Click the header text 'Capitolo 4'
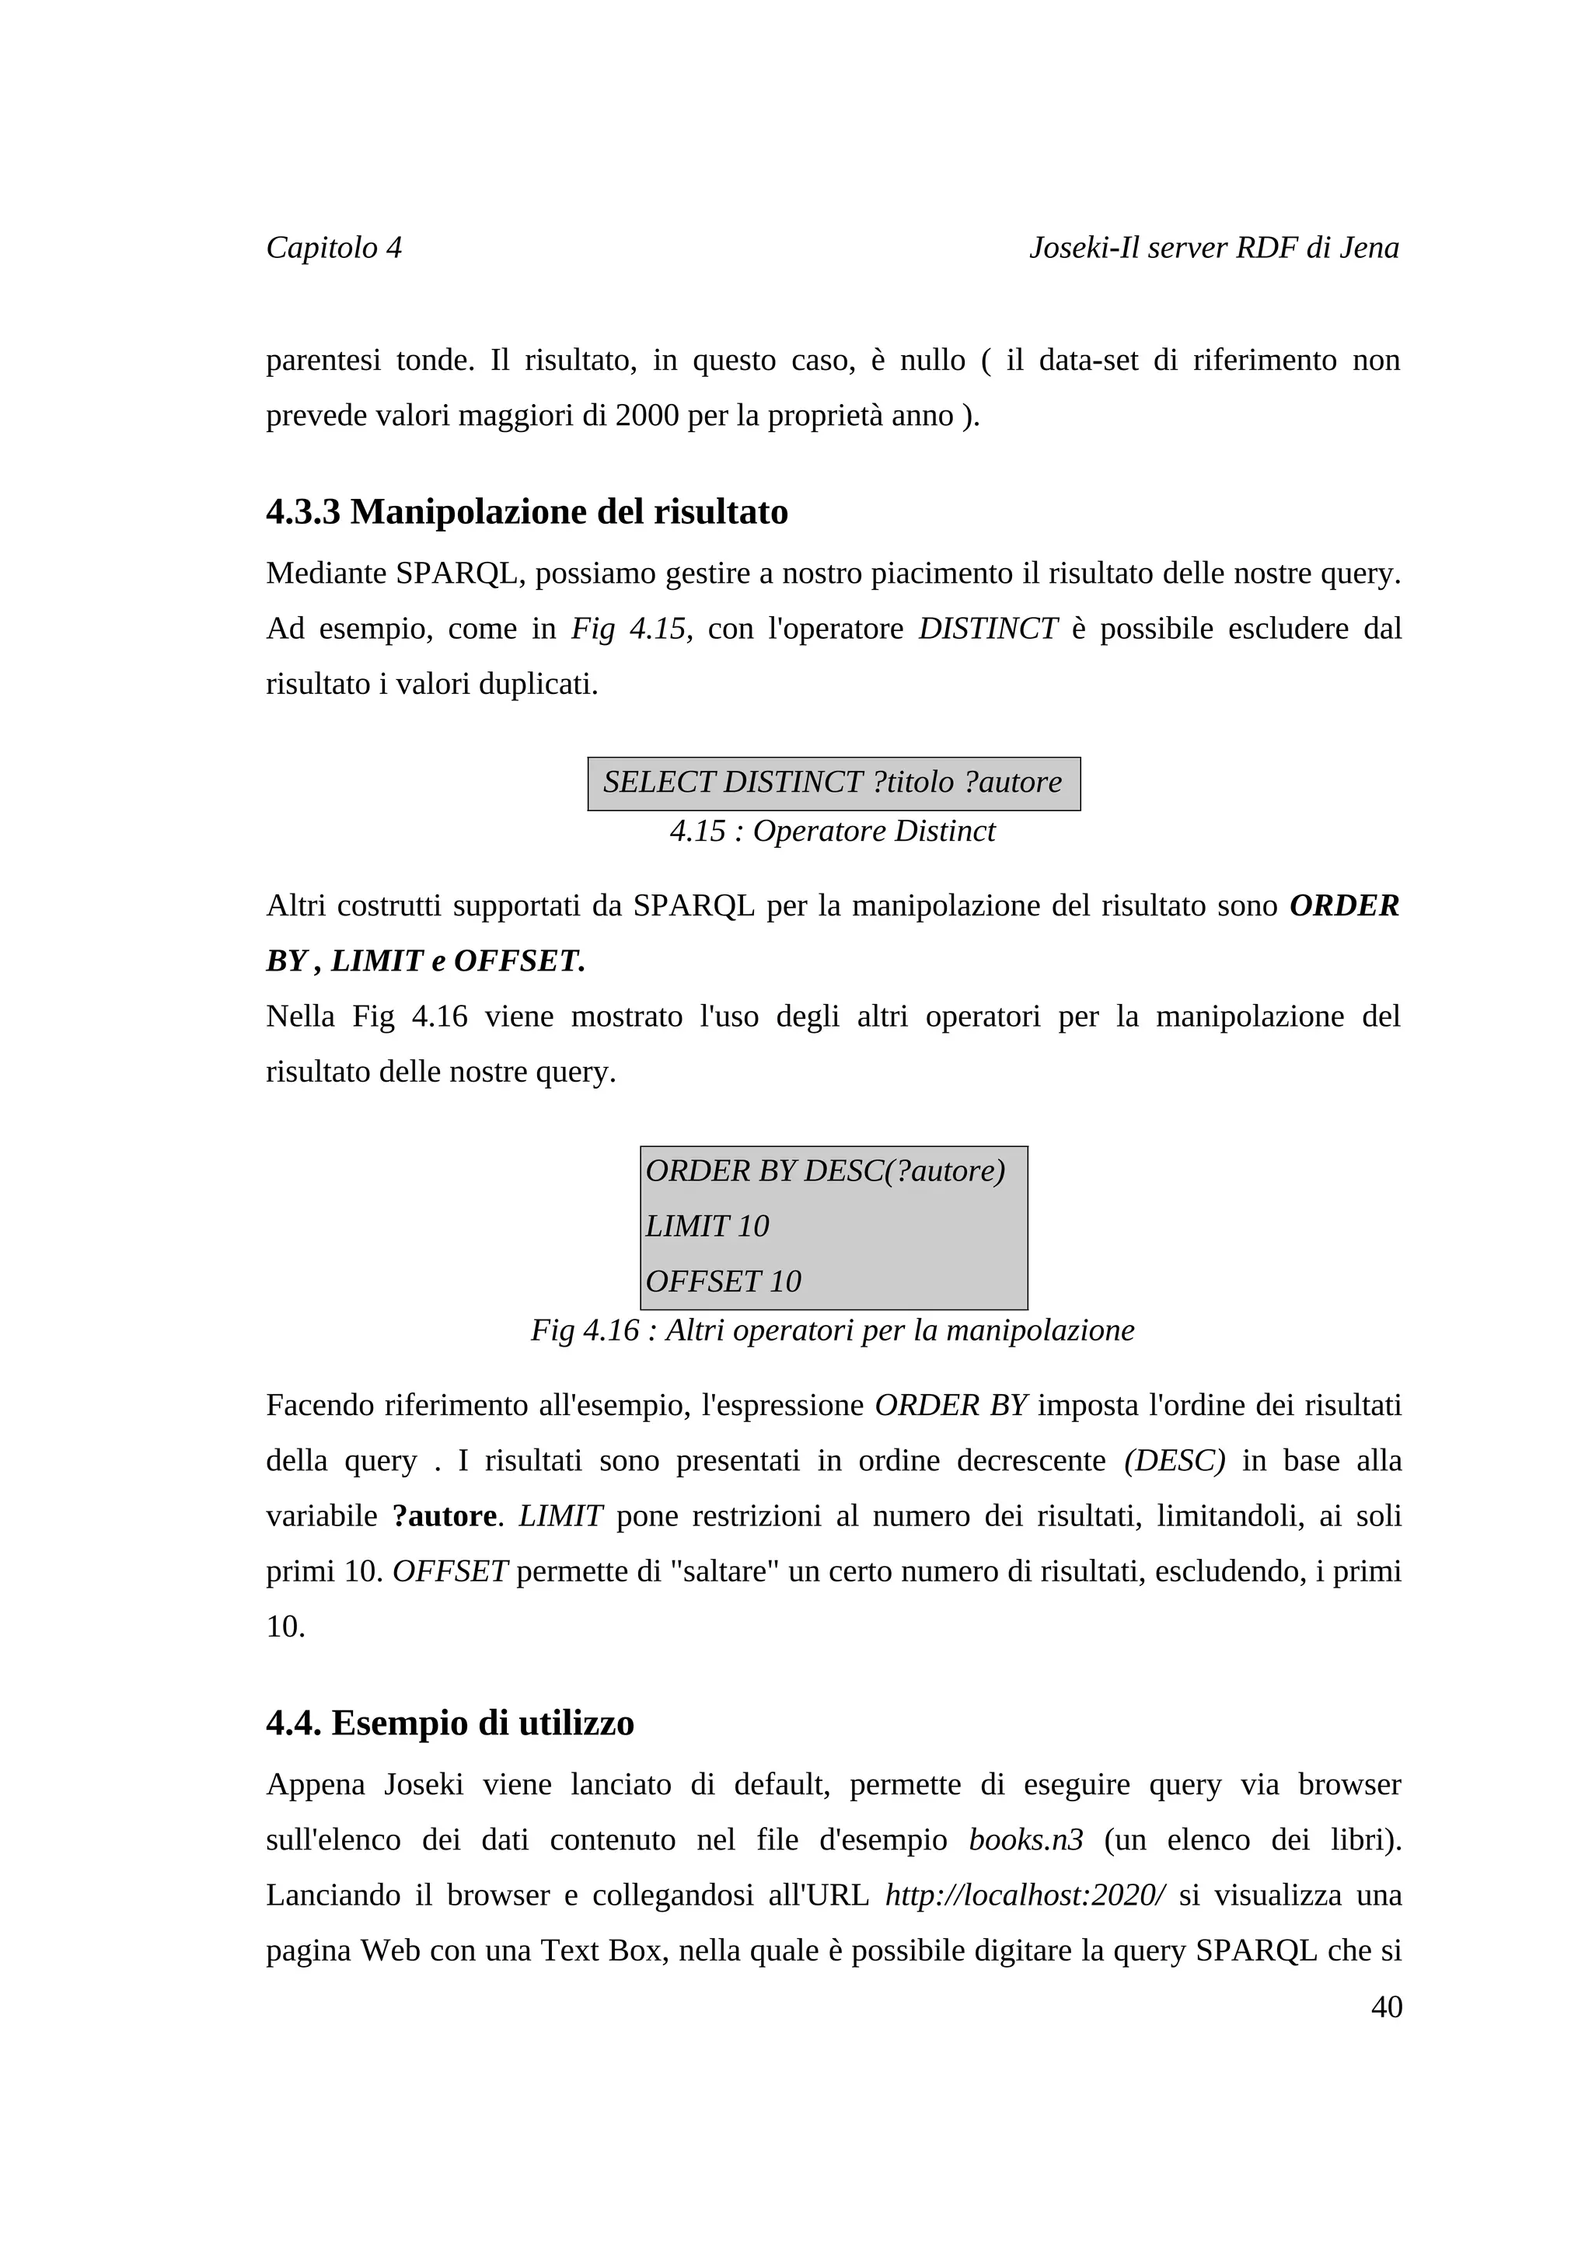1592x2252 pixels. click(x=333, y=247)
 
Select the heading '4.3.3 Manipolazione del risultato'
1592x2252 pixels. click(x=527, y=512)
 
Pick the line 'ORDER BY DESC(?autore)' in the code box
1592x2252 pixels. click(x=825, y=1171)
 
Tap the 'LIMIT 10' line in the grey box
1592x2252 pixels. click(x=707, y=1226)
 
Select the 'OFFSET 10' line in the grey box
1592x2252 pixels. click(x=723, y=1281)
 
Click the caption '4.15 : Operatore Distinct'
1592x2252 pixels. click(x=832, y=831)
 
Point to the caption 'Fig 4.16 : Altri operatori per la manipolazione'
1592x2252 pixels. click(x=832, y=1331)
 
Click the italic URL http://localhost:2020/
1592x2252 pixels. click(x=1025, y=1895)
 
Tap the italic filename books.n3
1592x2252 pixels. click(x=1025, y=1840)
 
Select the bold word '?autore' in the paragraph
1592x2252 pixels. click(x=445, y=1516)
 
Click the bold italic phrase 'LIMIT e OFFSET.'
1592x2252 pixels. click(x=458, y=961)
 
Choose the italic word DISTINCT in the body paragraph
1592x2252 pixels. click(x=988, y=629)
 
